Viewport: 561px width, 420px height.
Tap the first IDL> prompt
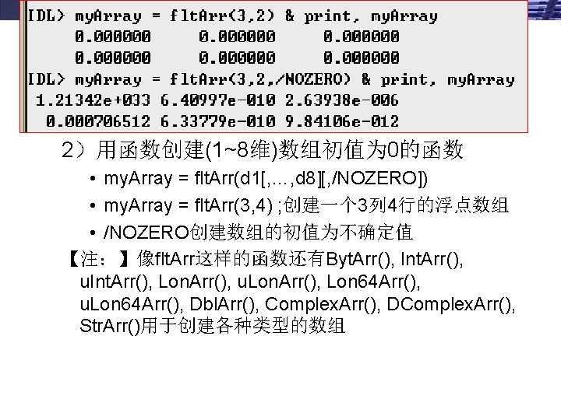(47, 16)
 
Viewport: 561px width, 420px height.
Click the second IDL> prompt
(47, 79)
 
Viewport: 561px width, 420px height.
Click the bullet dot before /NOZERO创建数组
(93, 233)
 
